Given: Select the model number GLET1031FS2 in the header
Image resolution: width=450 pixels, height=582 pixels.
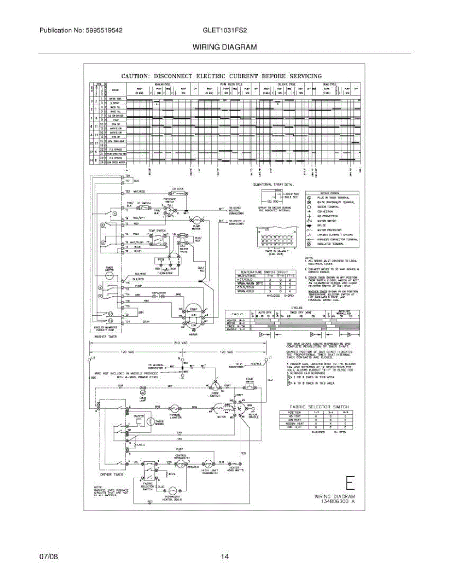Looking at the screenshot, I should point(225,30).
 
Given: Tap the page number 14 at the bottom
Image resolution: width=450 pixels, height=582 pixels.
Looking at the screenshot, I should point(225,557).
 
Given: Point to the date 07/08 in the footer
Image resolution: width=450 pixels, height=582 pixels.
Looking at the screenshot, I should point(49,557).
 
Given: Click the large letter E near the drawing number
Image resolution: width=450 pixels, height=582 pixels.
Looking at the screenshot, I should point(350,484).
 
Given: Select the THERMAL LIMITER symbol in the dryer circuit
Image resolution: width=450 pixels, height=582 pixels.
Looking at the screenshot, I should point(176,408).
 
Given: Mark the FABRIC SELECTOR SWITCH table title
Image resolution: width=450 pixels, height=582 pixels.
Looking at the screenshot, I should point(319,406).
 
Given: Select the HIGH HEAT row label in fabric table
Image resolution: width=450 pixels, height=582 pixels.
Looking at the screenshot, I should point(295,426).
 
